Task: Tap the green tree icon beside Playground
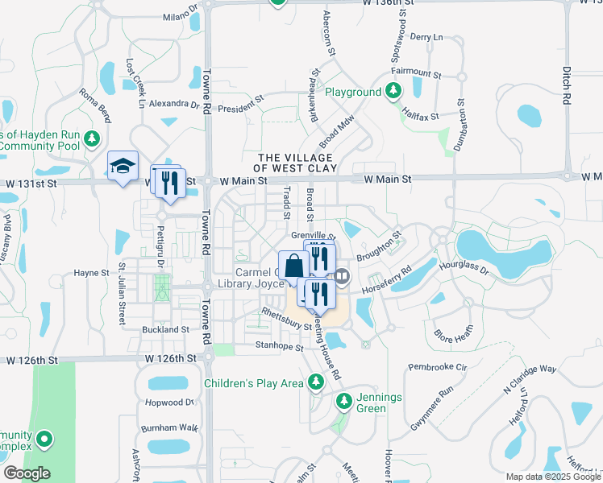point(394,91)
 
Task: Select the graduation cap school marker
point(123,166)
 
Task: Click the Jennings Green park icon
point(344,400)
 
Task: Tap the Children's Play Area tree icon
point(316,383)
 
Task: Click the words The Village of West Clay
point(292,163)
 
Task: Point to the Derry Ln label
point(427,37)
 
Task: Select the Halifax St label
point(421,117)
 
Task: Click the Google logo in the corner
point(27,473)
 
